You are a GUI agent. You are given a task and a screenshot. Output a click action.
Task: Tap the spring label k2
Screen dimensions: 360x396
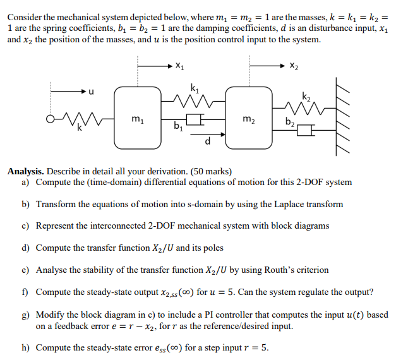point(306,96)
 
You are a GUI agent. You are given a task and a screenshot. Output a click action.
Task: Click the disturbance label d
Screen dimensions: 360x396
point(208,141)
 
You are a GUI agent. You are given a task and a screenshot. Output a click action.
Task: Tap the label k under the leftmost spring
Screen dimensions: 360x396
point(80,128)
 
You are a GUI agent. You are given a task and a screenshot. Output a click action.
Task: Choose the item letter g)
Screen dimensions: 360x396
point(25,314)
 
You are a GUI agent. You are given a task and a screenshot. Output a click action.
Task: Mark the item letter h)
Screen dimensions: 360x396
point(25,347)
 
